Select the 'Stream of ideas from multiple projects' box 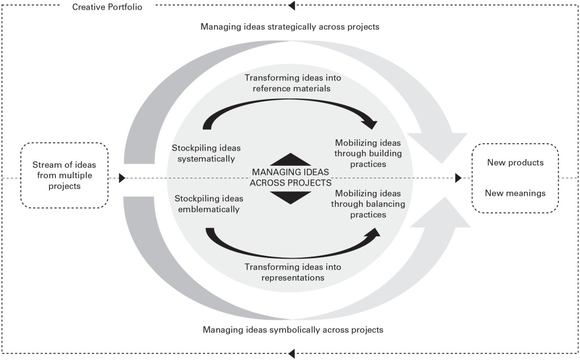pyautogui.click(x=64, y=175)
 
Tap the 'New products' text pyautogui.click(x=515, y=162)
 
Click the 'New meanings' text pyautogui.click(x=515, y=193)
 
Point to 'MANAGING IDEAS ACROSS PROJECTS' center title pyautogui.click(x=290, y=177)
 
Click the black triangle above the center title pyautogui.click(x=290, y=159)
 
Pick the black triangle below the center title pyautogui.click(x=290, y=196)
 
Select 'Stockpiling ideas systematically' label pyautogui.click(x=203, y=153)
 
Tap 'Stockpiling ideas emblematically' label pyautogui.click(x=208, y=204)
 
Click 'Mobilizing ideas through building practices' pyautogui.click(x=368, y=153)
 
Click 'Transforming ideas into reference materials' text pyautogui.click(x=292, y=83)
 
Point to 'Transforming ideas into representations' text pyautogui.click(x=292, y=272)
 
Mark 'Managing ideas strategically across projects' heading pyautogui.click(x=289, y=27)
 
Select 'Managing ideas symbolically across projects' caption pyautogui.click(x=293, y=329)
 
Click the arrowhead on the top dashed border pyautogui.click(x=292, y=6)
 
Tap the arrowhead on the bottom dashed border pyautogui.click(x=292, y=354)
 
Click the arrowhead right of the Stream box pyautogui.click(x=122, y=178)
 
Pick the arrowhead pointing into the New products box pyautogui.click(x=458, y=178)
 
